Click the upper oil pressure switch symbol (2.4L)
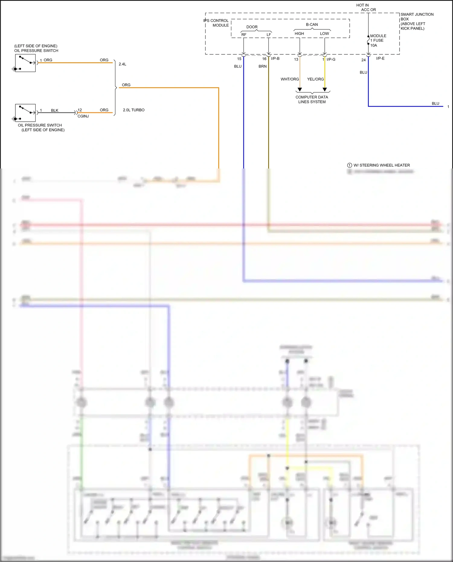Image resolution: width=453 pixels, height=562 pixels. point(25,63)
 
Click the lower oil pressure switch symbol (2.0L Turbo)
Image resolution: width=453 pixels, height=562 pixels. point(25,113)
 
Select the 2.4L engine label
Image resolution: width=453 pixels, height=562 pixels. point(122,64)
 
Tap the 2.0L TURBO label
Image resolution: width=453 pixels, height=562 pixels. point(133,110)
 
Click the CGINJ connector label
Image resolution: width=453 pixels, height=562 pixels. point(83,116)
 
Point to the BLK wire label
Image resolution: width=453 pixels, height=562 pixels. point(55,110)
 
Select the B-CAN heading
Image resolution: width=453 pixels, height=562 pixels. point(312,24)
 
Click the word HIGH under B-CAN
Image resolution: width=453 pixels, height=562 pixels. point(299,34)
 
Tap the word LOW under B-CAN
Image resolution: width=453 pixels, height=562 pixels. point(324,34)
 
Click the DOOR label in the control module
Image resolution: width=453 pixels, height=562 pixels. point(252,27)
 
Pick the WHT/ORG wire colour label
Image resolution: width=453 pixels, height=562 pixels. point(290,79)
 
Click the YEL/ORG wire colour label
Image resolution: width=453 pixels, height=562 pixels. point(315,79)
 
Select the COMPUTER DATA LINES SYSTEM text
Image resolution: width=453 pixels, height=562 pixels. point(312,99)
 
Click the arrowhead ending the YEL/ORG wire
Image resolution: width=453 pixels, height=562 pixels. point(325,89)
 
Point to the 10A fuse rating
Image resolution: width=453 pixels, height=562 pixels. point(374,45)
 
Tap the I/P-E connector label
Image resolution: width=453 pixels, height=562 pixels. point(380,58)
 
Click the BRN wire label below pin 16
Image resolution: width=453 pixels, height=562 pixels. point(262,66)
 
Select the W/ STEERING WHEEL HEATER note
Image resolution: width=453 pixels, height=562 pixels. point(381,165)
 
